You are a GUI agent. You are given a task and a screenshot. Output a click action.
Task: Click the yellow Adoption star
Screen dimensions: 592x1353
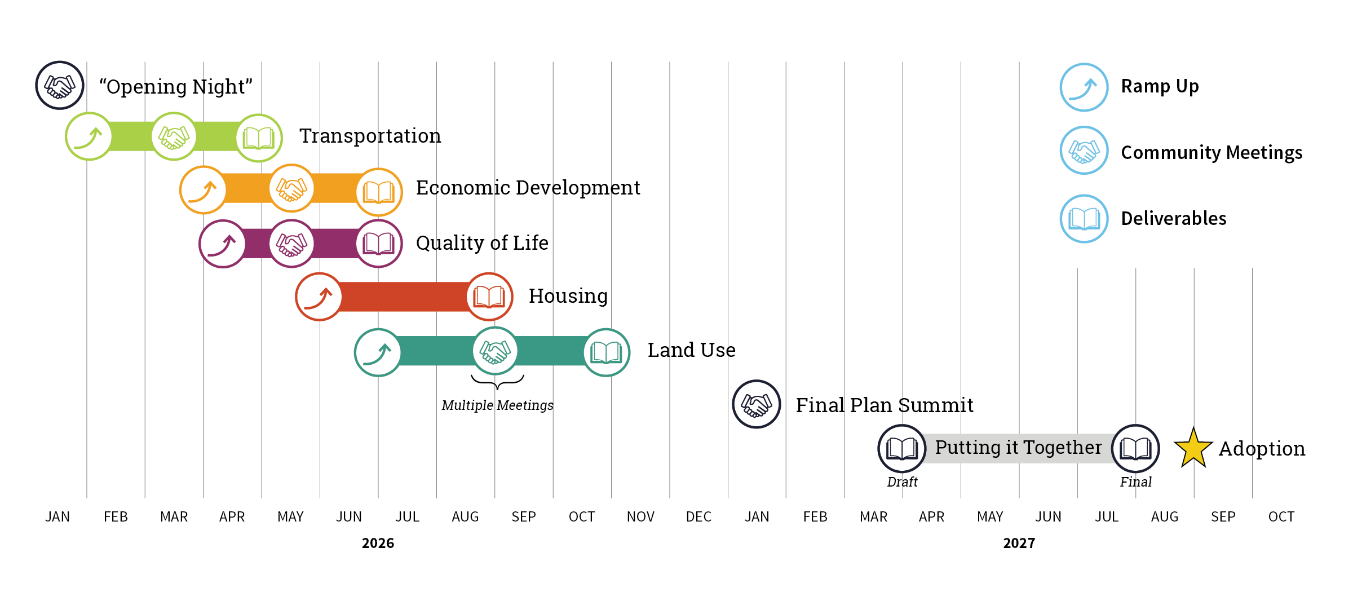coord(1193,449)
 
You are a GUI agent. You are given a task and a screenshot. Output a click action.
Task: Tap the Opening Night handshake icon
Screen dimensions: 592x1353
coord(60,86)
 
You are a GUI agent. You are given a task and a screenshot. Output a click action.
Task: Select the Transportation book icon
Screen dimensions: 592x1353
coord(259,138)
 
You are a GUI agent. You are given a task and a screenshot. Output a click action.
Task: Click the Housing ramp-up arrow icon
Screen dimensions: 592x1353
coord(319,297)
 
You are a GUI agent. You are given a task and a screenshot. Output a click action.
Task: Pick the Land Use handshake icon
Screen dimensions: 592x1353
coord(495,351)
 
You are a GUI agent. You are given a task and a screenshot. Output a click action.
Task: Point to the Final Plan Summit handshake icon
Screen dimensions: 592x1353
coord(757,404)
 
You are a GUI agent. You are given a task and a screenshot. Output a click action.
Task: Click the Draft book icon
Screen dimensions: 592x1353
coord(902,449)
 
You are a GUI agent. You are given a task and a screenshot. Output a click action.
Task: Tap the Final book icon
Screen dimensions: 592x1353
coord(1135,449)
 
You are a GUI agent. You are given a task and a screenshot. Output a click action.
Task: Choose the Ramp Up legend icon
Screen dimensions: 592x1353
coord(1084,87)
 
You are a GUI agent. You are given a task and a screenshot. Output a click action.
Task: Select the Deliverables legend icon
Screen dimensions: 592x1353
coord(1084,219)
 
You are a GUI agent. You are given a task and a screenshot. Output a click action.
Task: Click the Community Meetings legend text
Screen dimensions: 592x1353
coord(1211,152)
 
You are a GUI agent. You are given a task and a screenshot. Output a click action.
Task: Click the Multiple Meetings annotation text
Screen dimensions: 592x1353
coord(497,405)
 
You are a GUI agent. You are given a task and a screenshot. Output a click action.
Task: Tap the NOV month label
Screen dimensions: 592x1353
coord(640,516)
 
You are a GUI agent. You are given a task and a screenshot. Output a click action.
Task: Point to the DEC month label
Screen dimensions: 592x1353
coord(698,516)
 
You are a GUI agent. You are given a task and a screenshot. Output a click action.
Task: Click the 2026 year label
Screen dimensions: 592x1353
coord(378,543)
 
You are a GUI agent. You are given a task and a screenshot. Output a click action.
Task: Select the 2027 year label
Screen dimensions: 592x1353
coord(1019,543)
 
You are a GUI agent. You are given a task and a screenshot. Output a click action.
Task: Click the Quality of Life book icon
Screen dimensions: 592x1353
coord(379,244)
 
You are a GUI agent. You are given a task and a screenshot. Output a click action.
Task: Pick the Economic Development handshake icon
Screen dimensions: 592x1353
coord(291,189)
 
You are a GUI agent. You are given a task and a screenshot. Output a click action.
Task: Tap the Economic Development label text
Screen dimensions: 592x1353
coord(528,188)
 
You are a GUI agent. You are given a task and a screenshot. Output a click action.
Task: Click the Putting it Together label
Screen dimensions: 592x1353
coord(1018,447)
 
